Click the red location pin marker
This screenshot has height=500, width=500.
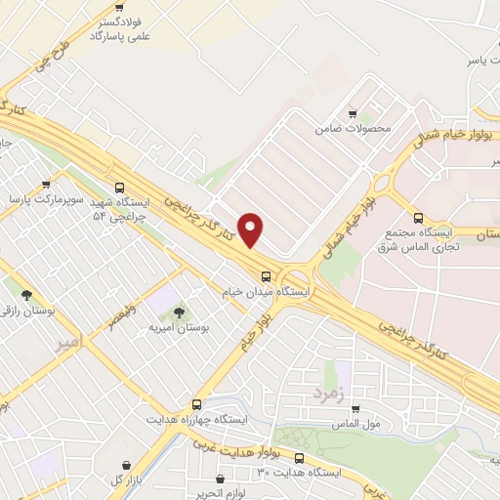click(252, 230)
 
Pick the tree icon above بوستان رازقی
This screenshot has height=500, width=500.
click(26, 294)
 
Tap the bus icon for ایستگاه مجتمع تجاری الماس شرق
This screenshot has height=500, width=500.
click(419, 218)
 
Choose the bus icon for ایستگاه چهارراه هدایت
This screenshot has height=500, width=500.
click(196, 403)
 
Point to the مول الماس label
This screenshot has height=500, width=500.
click(356, 424)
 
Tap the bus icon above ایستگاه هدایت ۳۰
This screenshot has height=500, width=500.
click(299, 457)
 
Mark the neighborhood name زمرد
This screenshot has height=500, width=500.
click(330, 394)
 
